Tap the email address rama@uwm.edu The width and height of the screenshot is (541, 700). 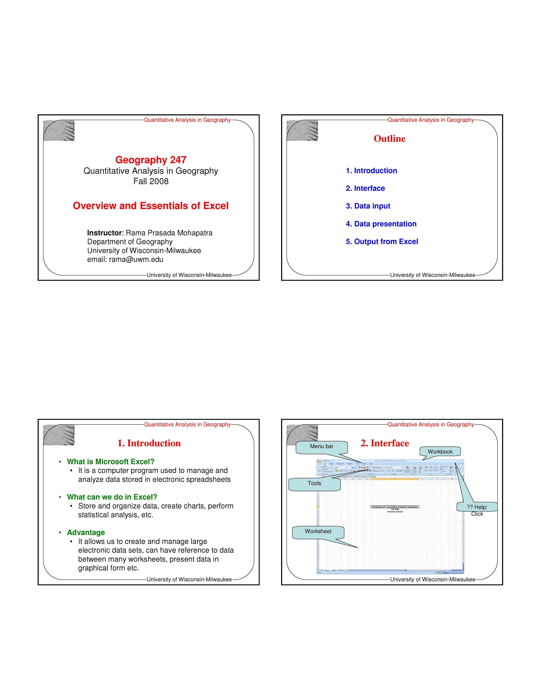coord(136,259)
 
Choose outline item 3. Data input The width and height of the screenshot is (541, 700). coord(368,206)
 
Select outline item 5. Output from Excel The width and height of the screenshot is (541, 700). coord(382,242)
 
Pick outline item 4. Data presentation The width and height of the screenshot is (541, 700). coord(381,224)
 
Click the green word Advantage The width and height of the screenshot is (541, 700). coord(86,532)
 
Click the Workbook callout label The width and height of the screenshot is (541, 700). coord(440,452)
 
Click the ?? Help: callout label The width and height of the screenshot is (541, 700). coord(477,507)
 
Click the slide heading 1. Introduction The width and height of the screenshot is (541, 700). coord(149,443)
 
